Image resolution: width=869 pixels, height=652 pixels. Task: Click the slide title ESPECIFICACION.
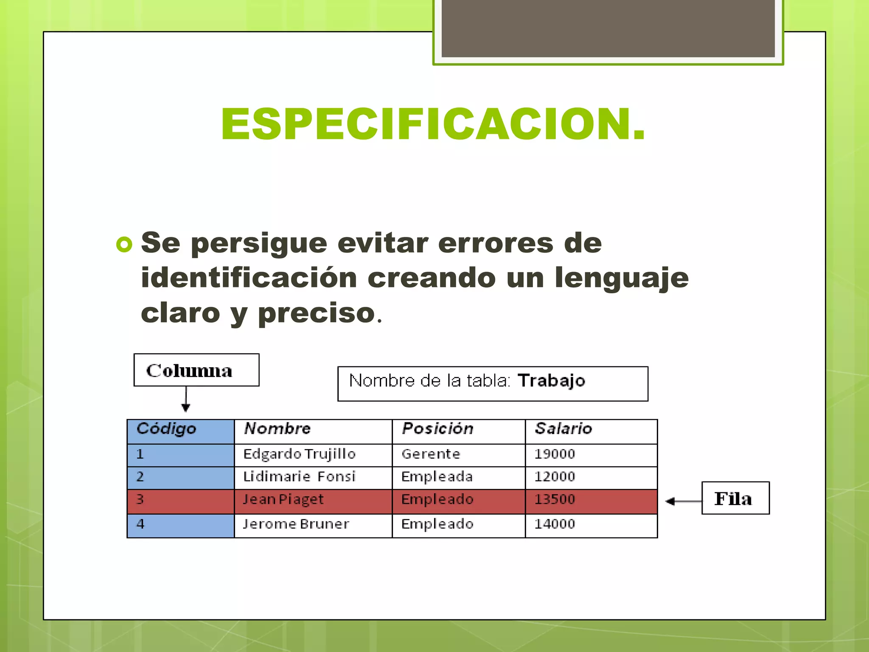click(x=433, y=124)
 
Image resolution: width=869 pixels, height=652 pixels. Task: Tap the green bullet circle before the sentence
click(x=124, y=244)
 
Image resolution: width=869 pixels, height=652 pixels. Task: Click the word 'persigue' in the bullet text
click(x=259, y=244)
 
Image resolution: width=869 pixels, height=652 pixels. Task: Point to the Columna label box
click(x=196, y=370)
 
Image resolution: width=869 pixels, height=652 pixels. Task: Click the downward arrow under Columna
click(x=186, y=399)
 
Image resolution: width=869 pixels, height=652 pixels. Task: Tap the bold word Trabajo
click(x=551, y=381)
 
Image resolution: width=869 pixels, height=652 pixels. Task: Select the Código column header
click(x=166, y=429)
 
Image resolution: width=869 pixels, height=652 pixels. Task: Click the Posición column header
click(x=437, y=429)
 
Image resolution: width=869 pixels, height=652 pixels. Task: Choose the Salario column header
click(x=563, y=429)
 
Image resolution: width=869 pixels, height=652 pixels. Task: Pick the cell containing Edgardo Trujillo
click(x=299, y=454)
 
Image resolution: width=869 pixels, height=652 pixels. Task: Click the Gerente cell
click(x=431, y=454)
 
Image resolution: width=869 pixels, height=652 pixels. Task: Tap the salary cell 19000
click(x=555, y=454)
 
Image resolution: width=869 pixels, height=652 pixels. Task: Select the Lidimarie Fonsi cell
click(x=299, y=477)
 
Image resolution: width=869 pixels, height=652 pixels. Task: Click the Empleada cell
click(x=437, y=477)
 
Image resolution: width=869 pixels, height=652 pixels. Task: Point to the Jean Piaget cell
click(x=283, y=500)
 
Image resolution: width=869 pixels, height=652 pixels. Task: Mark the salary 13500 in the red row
click(x=555, y=500)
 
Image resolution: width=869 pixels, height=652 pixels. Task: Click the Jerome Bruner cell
click(x=296, y=524)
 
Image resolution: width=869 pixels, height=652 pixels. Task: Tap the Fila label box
click(x=735, y=498)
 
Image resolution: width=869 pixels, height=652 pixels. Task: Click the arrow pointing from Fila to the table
click(x=683, y=501)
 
